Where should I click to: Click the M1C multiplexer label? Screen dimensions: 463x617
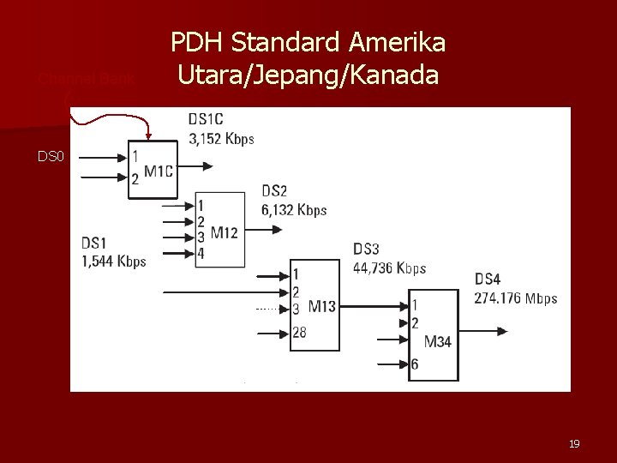pyautogui.click(x=159, y=171)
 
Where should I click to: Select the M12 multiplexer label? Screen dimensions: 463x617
pyautogui.click(x=225, y=232)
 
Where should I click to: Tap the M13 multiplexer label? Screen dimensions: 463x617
pyautogui.click(x=321, y=306)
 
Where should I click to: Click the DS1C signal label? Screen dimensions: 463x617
pyautogui.click(x=206, y=120)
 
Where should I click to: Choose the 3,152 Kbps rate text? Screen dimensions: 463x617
pyautogui.click(x=220, y=139)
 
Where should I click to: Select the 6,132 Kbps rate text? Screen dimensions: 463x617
pyautogui.click(x=294, y=210)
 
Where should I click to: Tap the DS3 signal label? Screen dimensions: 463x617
pyautogui.click(x=366, y=250)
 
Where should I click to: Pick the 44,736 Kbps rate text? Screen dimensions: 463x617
pyautogui.click(x=389, y=268)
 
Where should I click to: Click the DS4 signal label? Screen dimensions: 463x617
pyautogui.click(x=488, y=279)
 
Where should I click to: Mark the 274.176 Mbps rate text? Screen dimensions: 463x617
pyautogui.click(x=515, y=298)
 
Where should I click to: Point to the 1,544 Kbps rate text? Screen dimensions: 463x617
pyautogui.click(x=114, y=261)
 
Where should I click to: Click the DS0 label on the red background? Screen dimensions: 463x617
pyautogui.click(x=50, y=156)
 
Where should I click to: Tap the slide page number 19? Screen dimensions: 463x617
pyautogui.click(x=574, y=443)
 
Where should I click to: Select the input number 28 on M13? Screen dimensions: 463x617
pyautogui.click(x=299, y=332)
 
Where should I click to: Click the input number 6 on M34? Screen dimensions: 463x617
pyautogui.click(x=415, y=364)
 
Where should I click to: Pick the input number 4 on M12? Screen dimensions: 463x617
pyautogui.click(x=201, y=254)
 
